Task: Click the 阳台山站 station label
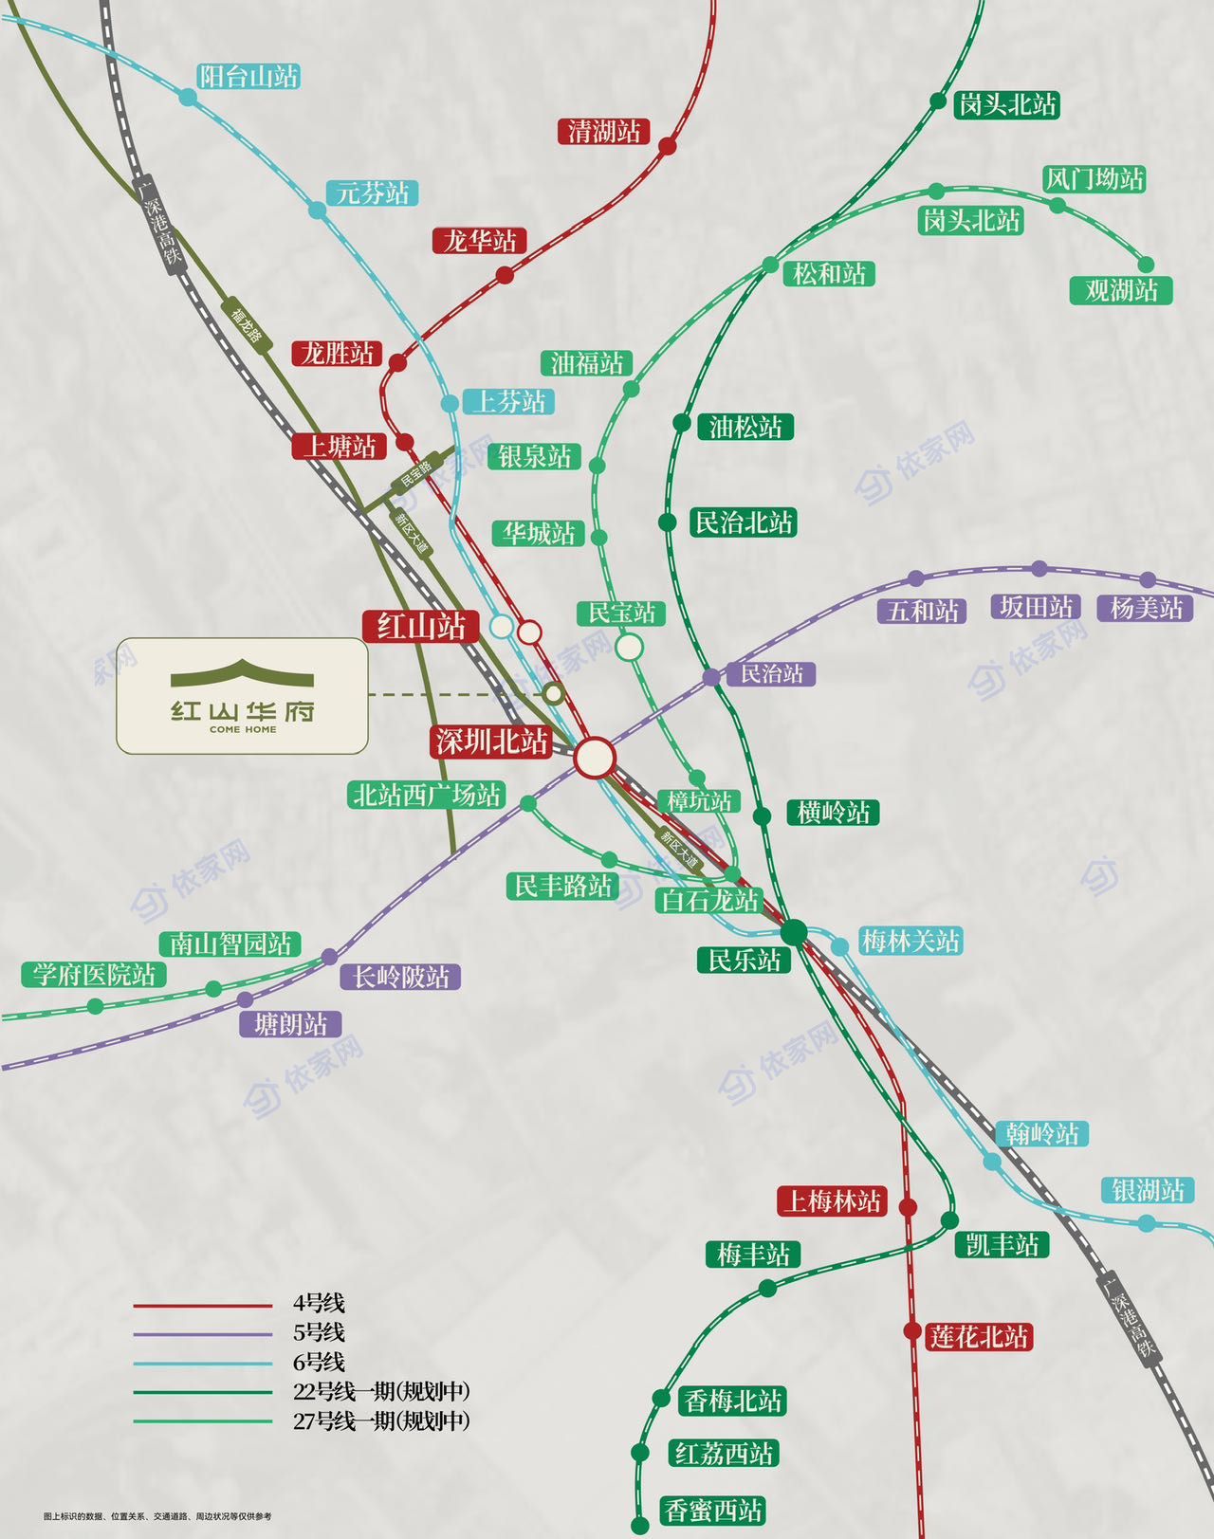248,77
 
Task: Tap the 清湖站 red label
603,131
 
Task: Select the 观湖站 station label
1121,290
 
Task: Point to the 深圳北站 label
491,742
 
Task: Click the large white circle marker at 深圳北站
596,758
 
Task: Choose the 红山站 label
421,627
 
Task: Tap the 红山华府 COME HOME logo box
242,696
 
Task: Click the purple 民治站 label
770,674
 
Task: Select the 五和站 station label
923,610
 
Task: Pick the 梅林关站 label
910,942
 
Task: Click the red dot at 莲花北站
911,1331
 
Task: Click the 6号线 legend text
319,1362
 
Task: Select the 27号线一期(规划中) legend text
381,1420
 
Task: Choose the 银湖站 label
1148,1190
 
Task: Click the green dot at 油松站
681,423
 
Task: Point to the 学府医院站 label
93,974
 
